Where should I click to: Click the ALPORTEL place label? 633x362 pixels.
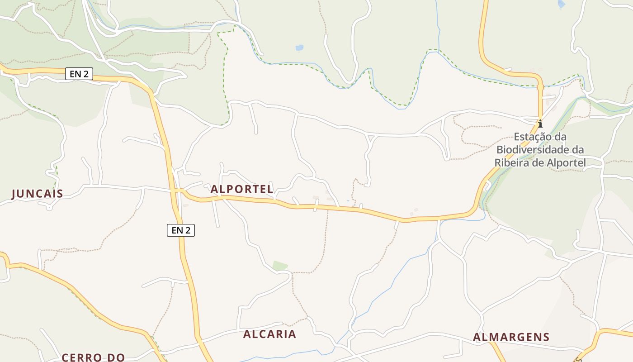pyautogui.click(x=242, y=189)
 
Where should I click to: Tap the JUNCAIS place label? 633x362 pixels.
pyautogui.click(x=37, y=194)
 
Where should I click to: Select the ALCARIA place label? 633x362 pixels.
pyautogui.click(x=269, y=334)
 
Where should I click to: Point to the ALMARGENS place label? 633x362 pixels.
pyautogui.click(x=511, y=337)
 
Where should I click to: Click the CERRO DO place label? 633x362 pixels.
pyautogui.click(x=93, y=357)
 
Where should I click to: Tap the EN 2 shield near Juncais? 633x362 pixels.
pyautogui.click(x=79, y=74)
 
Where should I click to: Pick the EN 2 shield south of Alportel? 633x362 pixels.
pyautogui.click(x=181, y=230)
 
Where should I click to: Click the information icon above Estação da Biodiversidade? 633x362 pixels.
pyautogui.click(x=540, y=123)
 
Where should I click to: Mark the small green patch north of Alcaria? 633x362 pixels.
pyautogui.click(x=280, y=266)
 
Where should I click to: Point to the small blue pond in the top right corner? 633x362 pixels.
pyautogui.click(x=562, y=5)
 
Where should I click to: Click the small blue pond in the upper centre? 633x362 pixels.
pyautogui.click(x=299, y=48)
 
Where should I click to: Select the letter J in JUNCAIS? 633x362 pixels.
pyautogui.click(x=14, y=194)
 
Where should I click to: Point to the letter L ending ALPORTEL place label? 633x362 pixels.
pyautogui.click(x=270, y=189)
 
